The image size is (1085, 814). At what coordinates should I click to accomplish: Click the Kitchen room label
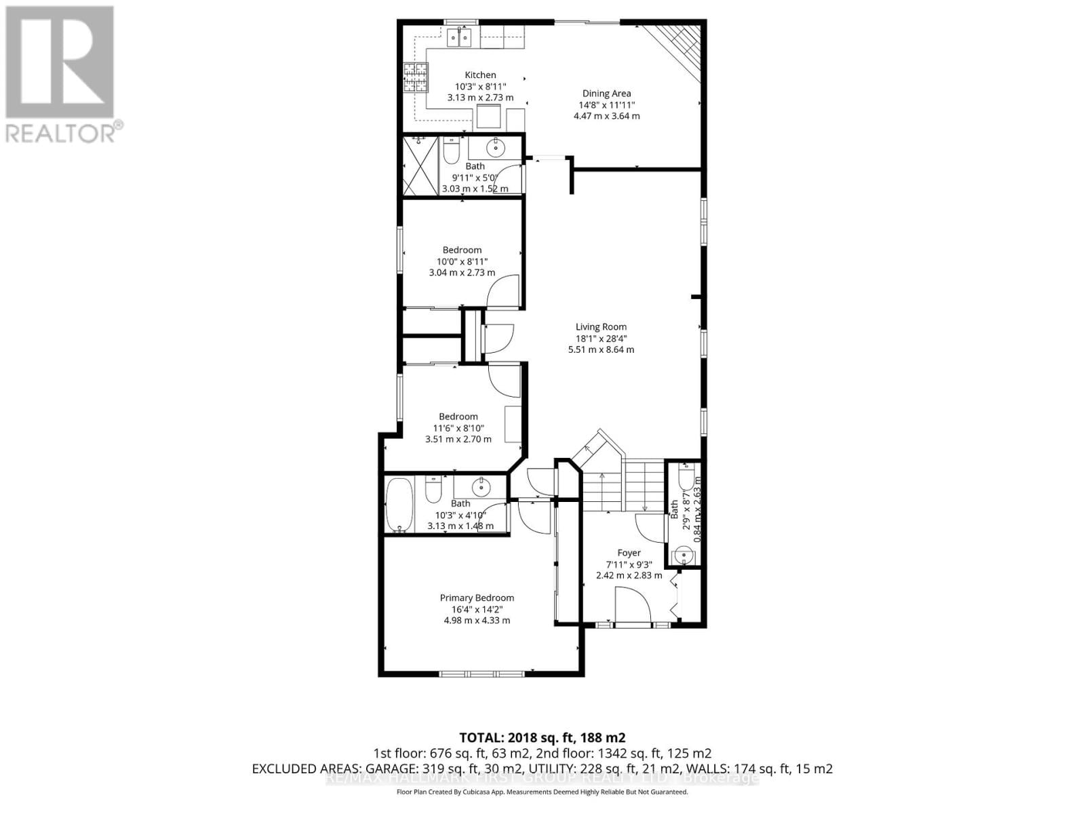[480, 75]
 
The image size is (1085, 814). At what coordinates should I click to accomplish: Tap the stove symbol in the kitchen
[416, 77]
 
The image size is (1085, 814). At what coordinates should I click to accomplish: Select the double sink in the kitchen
[459, 39]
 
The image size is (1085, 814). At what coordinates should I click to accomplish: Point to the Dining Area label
[606, 94]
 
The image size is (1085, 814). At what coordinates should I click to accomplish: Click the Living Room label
[601, 327]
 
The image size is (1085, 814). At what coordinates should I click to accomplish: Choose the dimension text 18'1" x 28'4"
[601, 338]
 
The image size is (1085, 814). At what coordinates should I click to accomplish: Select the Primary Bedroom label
[477, 598]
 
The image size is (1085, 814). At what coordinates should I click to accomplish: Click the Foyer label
[629, 553]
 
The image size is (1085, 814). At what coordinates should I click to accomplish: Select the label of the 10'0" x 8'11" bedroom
[462, 250]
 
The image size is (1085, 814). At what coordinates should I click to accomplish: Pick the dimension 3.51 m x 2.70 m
[458, 440]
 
